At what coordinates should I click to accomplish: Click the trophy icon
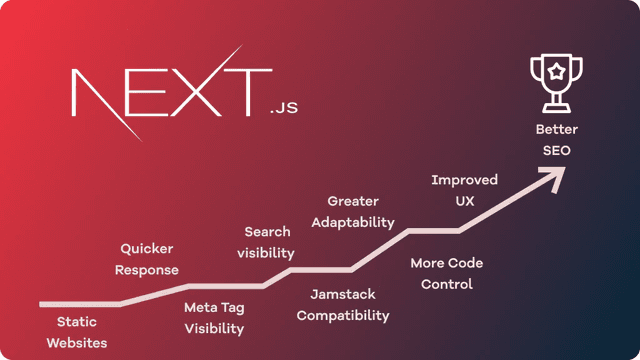[556, 85]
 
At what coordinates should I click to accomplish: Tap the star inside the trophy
[556, 72]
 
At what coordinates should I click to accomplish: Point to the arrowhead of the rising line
[551, 177]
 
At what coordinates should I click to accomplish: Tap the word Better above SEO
[556, 129]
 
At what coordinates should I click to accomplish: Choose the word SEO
[556, 150]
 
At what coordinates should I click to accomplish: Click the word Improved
[464, 180]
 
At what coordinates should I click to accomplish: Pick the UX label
[464, 201]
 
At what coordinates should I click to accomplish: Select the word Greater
[352, 201]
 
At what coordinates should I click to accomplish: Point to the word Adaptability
[352, 222]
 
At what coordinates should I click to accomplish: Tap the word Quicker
[147, 248]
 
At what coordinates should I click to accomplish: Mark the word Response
[147, 270]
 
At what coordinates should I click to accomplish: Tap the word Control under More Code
[447, 284]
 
